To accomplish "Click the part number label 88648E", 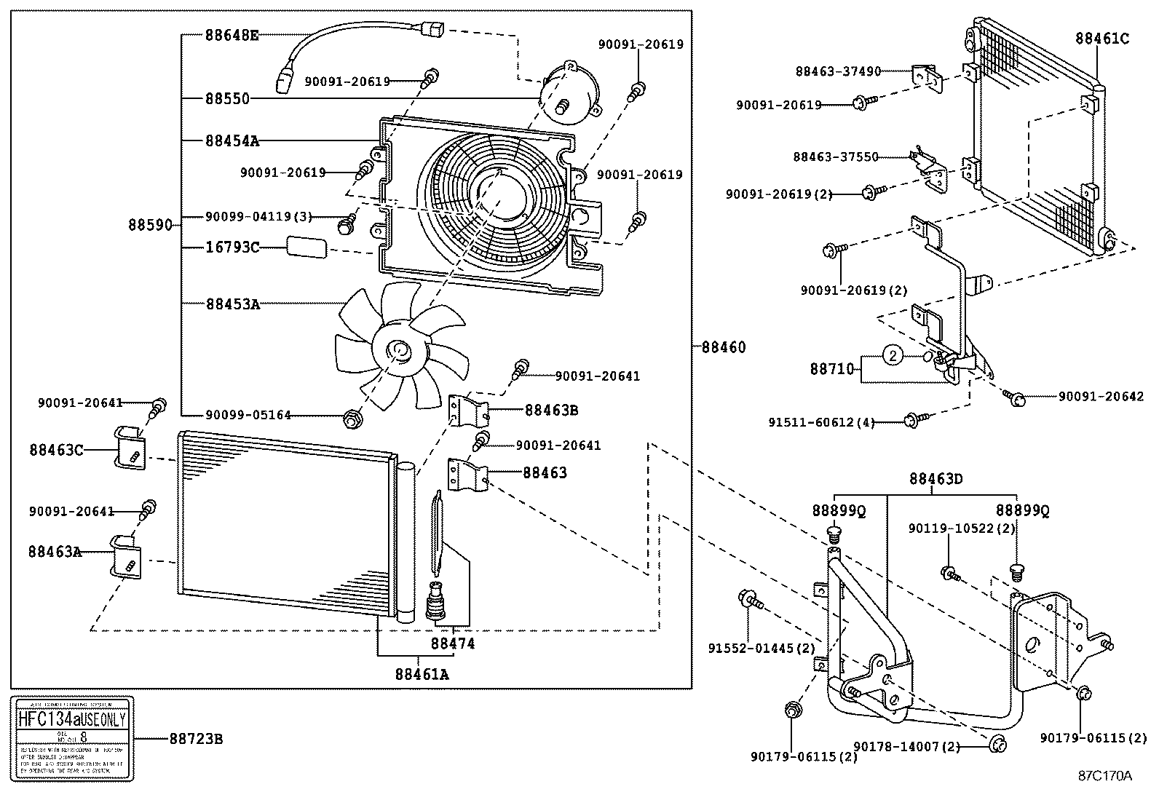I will point(231,34).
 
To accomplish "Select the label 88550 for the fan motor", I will point(226,98).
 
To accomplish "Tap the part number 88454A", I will point(231,140).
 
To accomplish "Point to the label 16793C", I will point(232,247).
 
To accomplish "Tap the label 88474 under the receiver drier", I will point(452,643).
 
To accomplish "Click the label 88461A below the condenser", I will point(422,674).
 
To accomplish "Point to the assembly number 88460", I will point(723,347).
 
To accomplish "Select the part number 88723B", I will point(195,739).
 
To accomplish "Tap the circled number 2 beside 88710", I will point(894,355).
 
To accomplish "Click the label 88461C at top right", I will point(1102,39).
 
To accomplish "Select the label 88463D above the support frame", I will point(935,479).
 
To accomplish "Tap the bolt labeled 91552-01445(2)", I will point(748,599).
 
